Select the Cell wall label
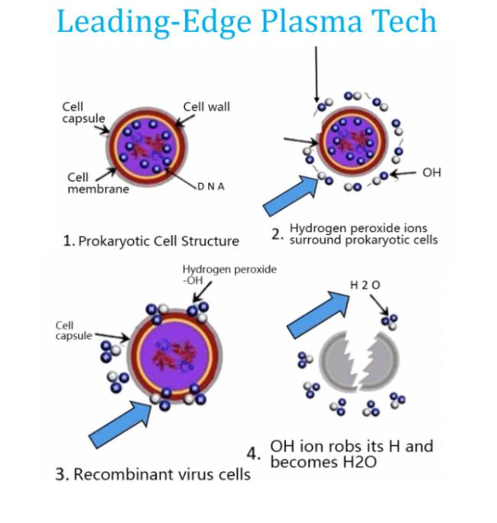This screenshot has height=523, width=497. coord(206,107)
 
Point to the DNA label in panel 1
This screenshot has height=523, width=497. coord(211,186)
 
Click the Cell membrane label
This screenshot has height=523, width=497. coord(98,183)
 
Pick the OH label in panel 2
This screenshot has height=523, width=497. coord(431,173)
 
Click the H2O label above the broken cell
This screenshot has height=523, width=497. coord(365,286)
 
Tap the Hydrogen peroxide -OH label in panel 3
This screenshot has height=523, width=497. coord(229,275)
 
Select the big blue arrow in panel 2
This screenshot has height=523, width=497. coord(290,195)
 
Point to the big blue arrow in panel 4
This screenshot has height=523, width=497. coord(318,315)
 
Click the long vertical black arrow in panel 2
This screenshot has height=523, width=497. coord(316,74)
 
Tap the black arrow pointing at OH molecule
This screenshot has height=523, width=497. coord(403,173)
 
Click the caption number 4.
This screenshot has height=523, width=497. coord(253,454)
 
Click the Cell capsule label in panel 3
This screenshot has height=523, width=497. coord(73,331)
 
